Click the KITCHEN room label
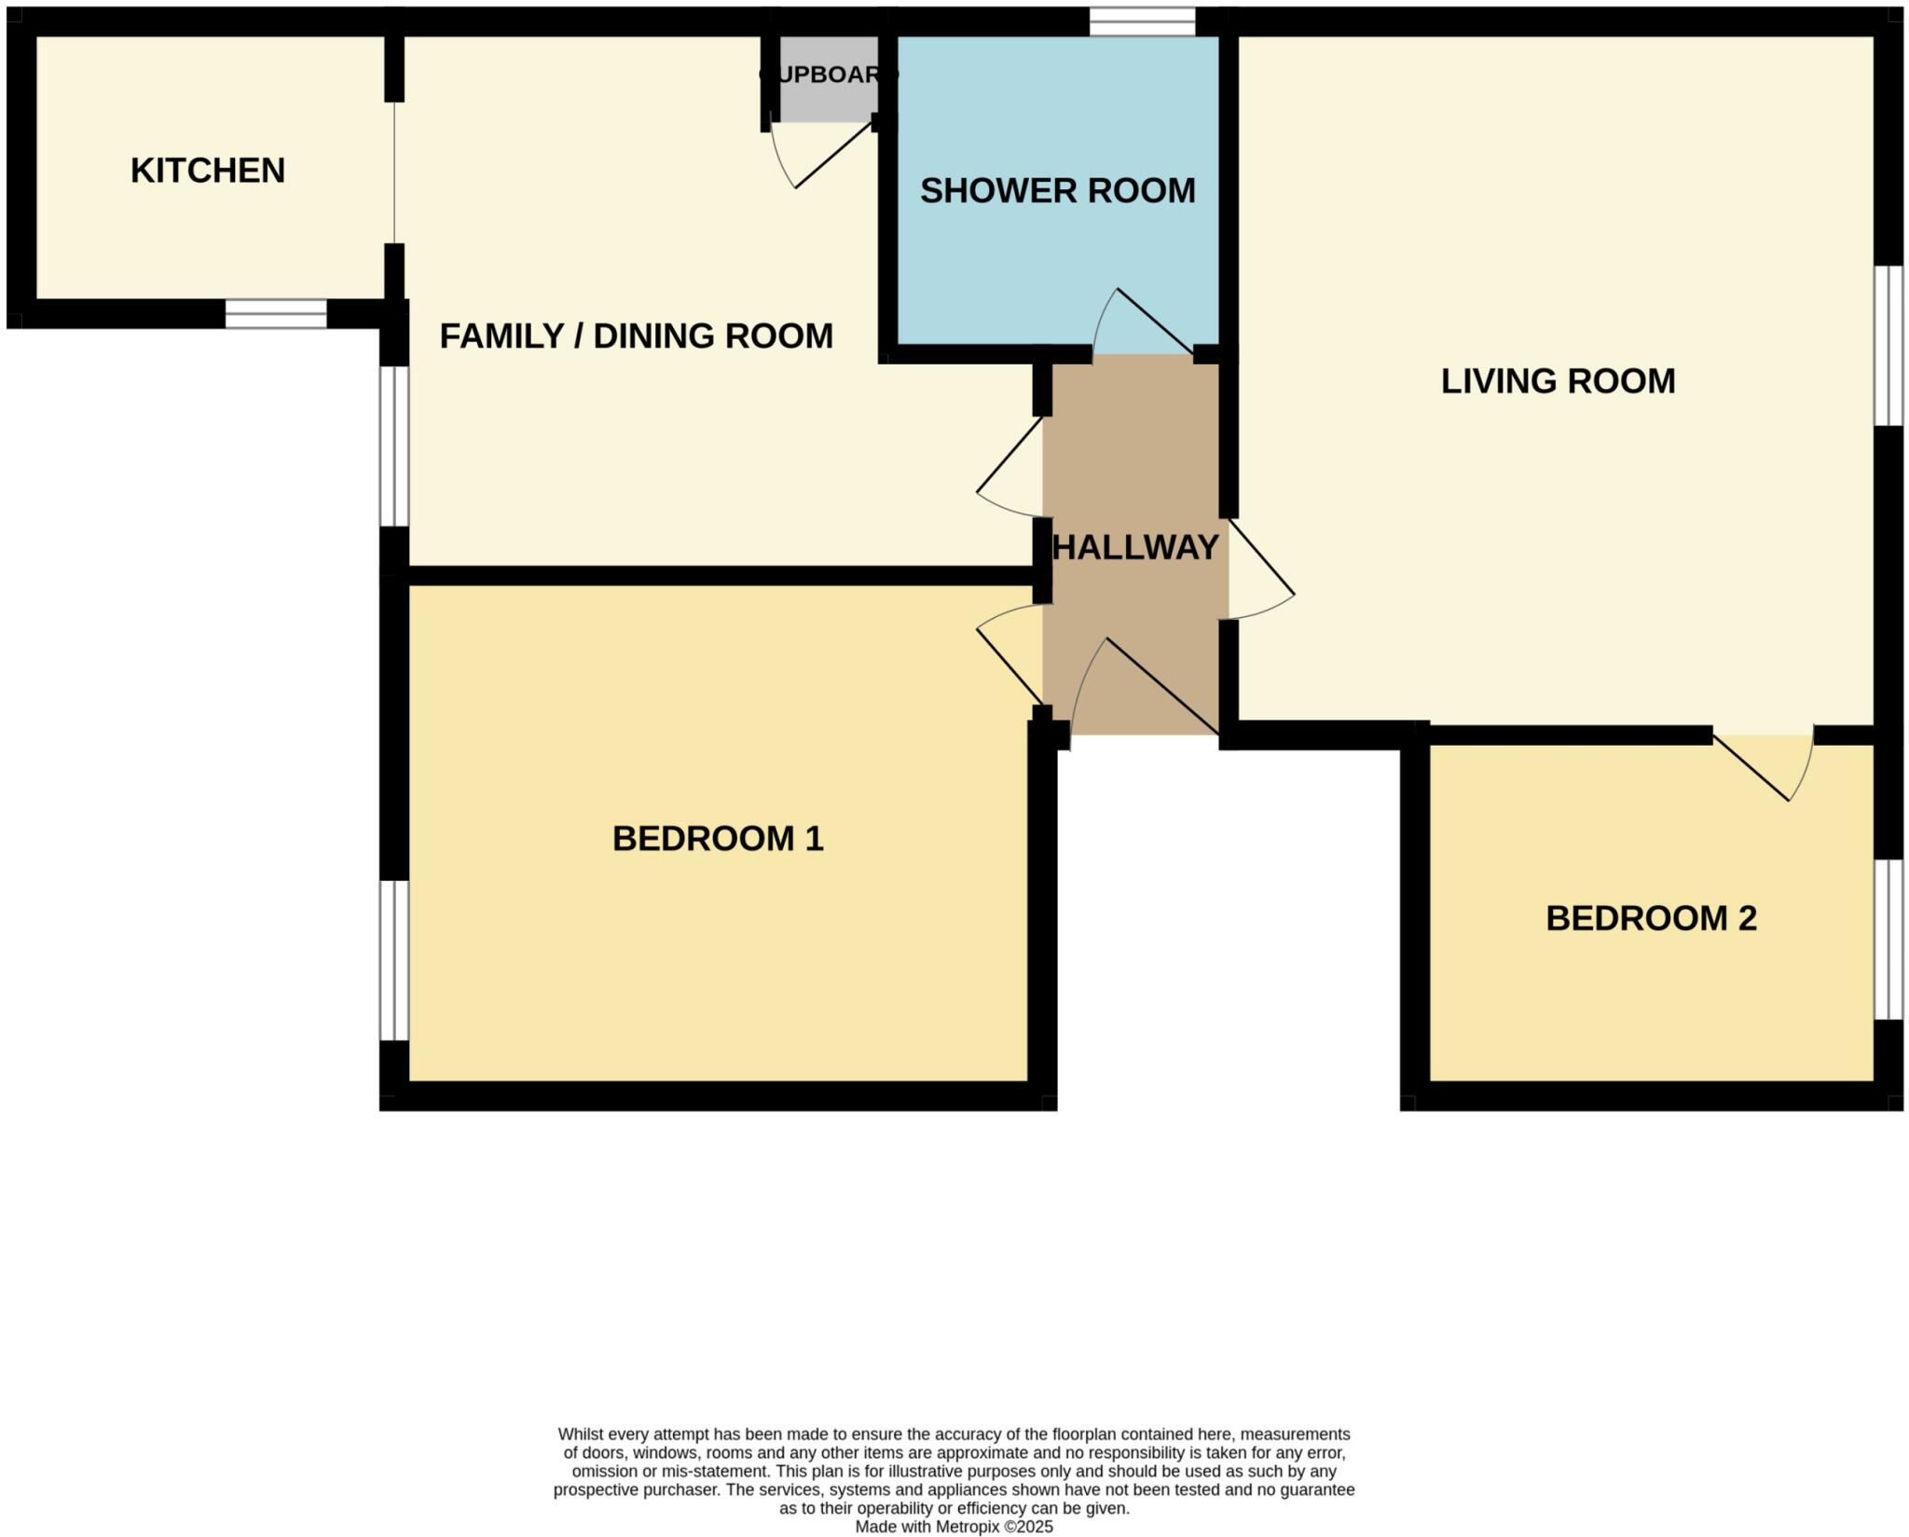(207, 171)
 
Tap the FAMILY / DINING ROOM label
(636, 336)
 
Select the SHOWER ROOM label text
(1057, 191)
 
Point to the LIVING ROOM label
(1558, 381)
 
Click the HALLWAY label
(1134, 547)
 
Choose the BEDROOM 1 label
(718, 839)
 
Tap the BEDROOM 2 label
(1651, 918)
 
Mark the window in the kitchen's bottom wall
(276, 313)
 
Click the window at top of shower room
(1142, 21)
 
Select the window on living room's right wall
(1888, 346)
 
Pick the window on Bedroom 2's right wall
(1888, 940)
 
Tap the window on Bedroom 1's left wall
(394, 960)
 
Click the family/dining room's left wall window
(394, 446)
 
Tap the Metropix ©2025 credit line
(954, 1527)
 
